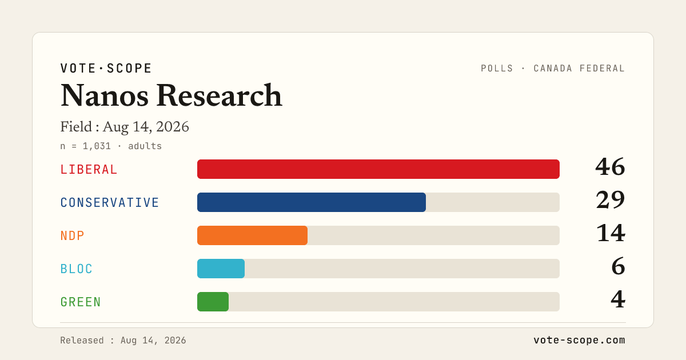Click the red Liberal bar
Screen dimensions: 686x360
pyautogui.click(x=378, y=169)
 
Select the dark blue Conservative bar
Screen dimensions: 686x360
pyautogui.click(x=312, y=202)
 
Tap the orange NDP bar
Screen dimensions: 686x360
pyautogui.click(x=252, y=235)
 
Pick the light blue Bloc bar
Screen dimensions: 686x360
pyautogui.click(x=221, y=269)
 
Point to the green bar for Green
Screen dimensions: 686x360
pyautogui.click(x=213, y=302)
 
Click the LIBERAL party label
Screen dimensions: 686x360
pyautogui.click(x=89, y=170)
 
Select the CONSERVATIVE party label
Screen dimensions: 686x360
pyautogui.click(x=110, y=203)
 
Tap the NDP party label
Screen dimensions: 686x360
pyautogui.click(x=72, y=235)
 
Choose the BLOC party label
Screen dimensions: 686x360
pyautogui.click(x=76, y=269)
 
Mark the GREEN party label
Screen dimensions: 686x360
pyautogui.click(x=81, y=302)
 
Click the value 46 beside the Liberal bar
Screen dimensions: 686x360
pyautogui.click(x=610, y=167)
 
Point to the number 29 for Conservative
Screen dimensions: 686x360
pyautogui.click(x=611, y=200)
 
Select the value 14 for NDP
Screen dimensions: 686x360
pyautogui.click(x=611, y=233)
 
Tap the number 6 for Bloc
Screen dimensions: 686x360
pyautogui.click(x=619, y=266)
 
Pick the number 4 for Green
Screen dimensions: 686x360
pyautogui.click(x=618, y=299)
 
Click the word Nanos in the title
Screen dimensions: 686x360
pyautogui.click(x=105, y=96)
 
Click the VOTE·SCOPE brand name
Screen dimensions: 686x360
pyautogui.click(x=106, y=68)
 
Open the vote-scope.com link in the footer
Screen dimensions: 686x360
pyautogui.click(x=579, y=340)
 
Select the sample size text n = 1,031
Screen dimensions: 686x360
pyautogui.click(x=85, y=146)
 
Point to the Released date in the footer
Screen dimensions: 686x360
pyautogui.click(x=123, y=341)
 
